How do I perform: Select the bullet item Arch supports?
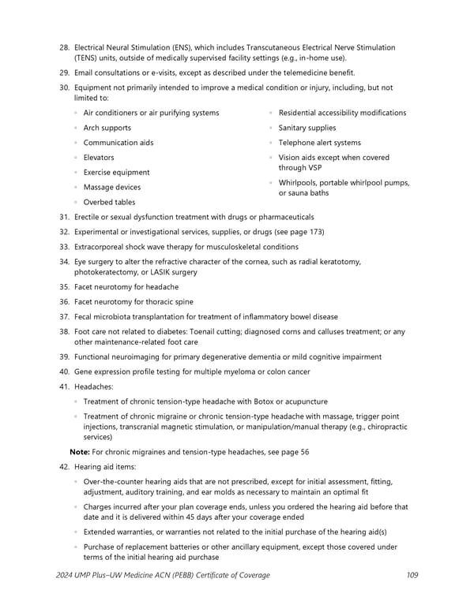click(107, 128)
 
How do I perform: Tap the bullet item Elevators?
click(98, 158)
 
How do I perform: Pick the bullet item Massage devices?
click(111, 187)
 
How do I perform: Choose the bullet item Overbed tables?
click(109, 202)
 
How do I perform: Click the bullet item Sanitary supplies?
click(307, 128)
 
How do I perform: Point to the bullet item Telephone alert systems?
click(319, 143)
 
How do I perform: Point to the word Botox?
click(273, 401)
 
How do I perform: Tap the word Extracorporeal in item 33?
click(100, 247)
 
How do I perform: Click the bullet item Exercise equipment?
click(116, 172)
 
